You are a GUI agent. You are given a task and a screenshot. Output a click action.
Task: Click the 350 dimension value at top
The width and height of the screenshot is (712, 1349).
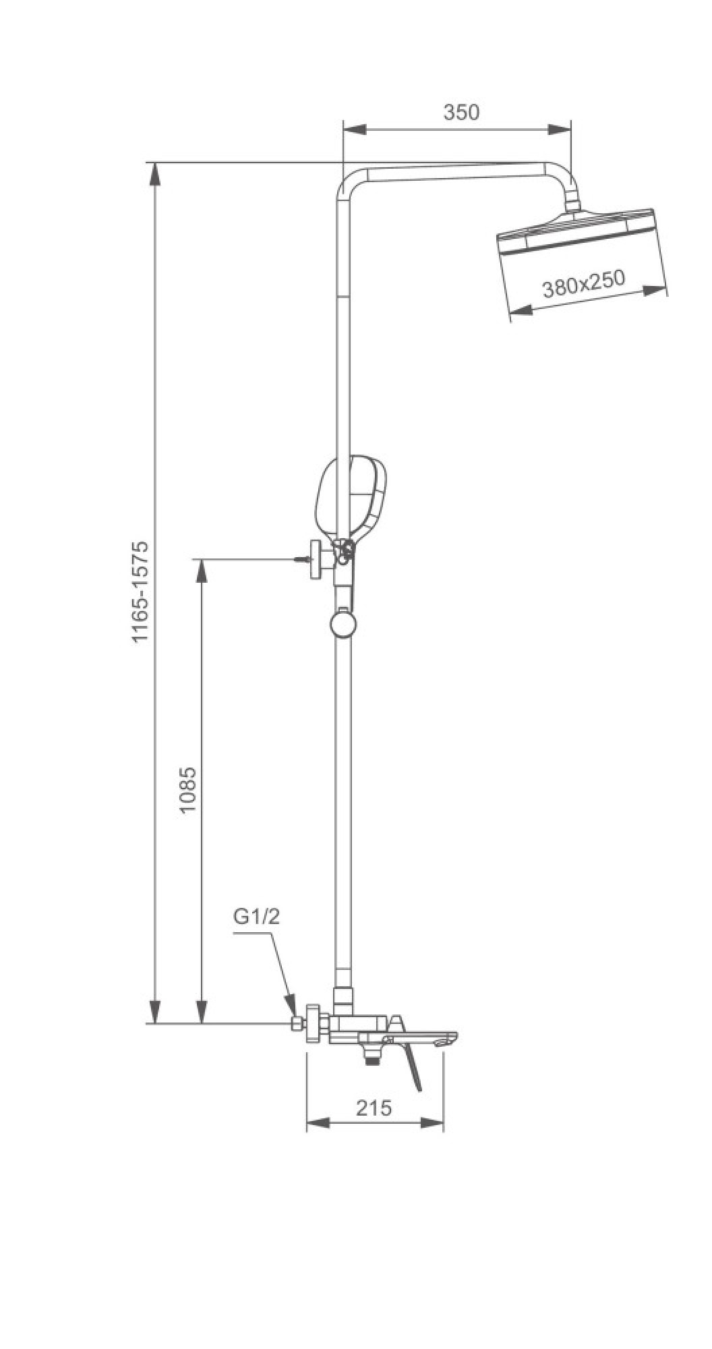point(461,113)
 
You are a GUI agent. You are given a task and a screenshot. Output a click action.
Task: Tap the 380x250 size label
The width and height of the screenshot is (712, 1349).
point(584,284)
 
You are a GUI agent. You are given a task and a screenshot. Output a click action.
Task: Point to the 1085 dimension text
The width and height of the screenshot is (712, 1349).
point(188,789)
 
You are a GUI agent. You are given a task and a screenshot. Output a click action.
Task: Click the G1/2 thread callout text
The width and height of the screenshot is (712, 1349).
point(256,917)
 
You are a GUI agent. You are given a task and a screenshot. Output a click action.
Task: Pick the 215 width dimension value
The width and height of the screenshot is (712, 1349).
point(375,1108)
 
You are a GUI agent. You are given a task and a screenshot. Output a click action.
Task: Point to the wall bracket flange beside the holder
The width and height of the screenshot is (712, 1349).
point(315,559)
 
